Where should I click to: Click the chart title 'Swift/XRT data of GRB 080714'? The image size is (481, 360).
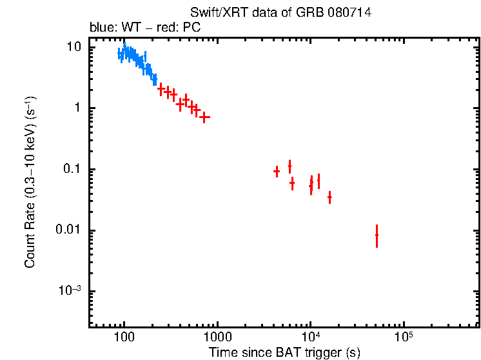280,13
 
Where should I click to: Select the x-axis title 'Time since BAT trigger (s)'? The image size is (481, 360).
284,352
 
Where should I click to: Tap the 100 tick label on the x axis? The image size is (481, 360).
124,337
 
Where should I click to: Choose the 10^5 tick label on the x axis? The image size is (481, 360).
404,337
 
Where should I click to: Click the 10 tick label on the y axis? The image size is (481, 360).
74,47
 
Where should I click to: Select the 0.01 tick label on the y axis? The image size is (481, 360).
69,231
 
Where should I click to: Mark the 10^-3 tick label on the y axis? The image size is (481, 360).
70,291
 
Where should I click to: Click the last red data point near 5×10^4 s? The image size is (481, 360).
377,235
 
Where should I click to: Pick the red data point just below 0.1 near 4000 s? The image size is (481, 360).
277,171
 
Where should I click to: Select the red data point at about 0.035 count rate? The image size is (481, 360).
329,197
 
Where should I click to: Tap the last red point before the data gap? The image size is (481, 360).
205,117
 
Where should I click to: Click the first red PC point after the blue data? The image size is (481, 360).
161,89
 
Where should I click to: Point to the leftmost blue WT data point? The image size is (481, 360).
120,54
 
